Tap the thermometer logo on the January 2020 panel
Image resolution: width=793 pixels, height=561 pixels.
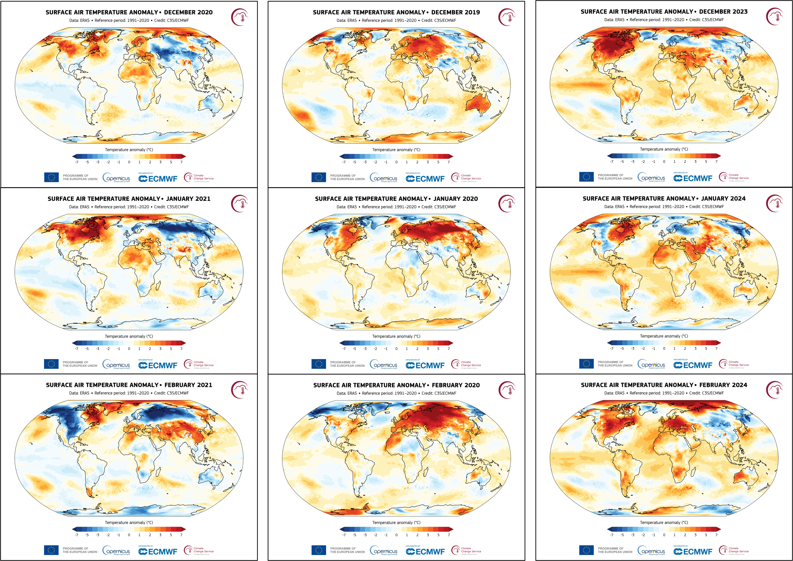pyautogui.click(x=507, y=204)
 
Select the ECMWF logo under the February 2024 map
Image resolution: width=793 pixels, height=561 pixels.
pyautogui.click(x=693, y=551)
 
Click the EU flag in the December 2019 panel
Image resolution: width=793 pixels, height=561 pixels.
pyautogui.click(x=318, y=177)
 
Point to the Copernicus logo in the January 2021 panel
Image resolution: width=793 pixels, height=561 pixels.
pyautogui.click(x=116, y=364)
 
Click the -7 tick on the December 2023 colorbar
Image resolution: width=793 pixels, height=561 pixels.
pyautogui.click(x=612, y=161)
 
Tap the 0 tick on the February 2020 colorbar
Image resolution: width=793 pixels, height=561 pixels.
pyautogui.click(x=396, y=535)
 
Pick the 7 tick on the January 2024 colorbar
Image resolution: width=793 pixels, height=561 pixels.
pyautogui.click(x=716, y=348)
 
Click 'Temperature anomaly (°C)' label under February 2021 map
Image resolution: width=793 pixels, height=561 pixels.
pyautogui.click(x=129, y=522)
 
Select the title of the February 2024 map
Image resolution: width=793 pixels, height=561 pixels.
pyautogui.click(x=664, y=385)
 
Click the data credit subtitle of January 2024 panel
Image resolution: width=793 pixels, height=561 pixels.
pyautogui.click(x=664, y=207)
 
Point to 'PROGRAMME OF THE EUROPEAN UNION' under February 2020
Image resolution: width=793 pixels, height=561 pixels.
pyautogui.click(x=347, y=550)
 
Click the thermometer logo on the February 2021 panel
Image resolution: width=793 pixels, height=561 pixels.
pyautogui.click(x=240, y=390)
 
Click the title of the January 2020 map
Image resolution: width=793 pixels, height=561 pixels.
pyautogui.click(x=396, y=199)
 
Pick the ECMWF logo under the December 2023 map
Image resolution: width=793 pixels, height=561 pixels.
pyautogui.click(x=693, y=178)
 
